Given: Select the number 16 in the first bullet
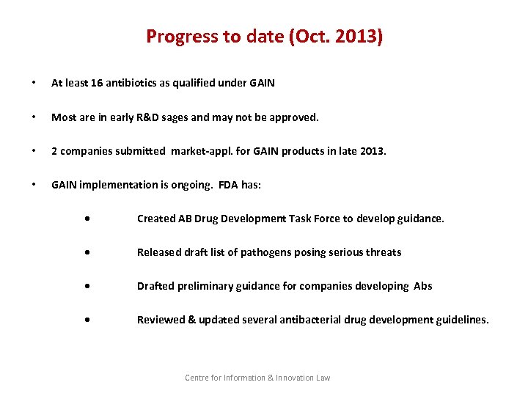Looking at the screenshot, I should click(98, 83).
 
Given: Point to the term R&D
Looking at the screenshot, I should click(166, 117).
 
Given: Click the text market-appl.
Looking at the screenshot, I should click(199, 151).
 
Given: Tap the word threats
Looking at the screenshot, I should click(384, 252).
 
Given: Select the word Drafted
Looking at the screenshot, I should click(155, 286).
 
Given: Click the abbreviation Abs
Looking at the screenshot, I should click(423, 286).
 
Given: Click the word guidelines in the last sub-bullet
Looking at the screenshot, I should click(461, 320).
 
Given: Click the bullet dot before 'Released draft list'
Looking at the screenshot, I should click(87, 252).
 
